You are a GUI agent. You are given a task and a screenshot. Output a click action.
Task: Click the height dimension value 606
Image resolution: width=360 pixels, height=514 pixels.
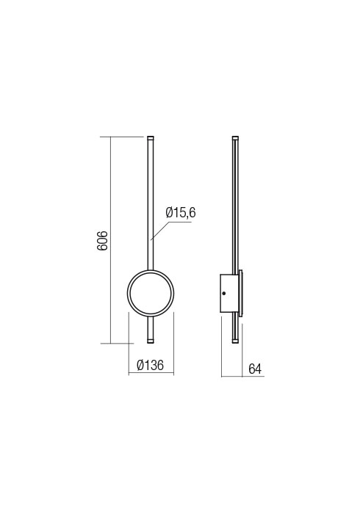(104, 239)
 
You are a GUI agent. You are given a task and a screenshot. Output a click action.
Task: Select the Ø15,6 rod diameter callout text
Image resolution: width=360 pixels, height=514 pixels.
(181, 212)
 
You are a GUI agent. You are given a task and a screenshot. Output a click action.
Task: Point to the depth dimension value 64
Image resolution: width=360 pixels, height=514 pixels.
(255, 369)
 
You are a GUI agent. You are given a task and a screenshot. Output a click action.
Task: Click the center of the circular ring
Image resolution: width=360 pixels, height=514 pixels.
(151, 292)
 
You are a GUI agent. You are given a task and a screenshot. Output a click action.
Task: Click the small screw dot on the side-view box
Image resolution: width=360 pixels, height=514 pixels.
(224, 292)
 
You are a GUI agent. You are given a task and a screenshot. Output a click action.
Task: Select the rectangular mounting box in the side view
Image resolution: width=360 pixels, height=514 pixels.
(229, 292)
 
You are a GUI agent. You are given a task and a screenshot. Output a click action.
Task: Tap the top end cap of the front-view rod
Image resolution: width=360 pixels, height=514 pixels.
(151, 137)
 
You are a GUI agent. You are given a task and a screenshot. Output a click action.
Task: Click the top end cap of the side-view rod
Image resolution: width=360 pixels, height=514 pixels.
(236, 137)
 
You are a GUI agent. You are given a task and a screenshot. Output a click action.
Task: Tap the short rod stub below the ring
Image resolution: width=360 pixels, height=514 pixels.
(151, 327)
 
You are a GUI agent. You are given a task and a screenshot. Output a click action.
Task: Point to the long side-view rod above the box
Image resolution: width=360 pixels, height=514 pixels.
(235, 206)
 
